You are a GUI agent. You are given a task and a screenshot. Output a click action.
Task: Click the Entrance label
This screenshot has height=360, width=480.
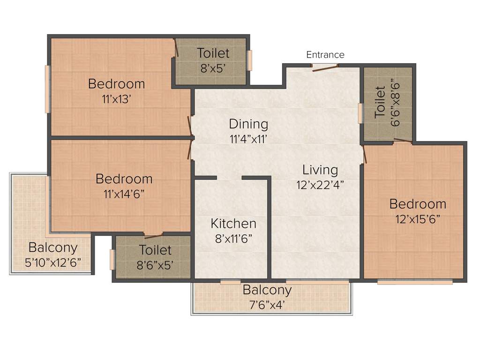pyautogui.click(x=325, y=55)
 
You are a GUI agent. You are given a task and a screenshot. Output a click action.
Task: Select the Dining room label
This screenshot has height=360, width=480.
pyautogui.click(x=248, y=124)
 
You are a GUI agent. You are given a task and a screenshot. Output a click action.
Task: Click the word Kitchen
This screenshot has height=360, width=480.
pyautogui.click(x=233, y=224)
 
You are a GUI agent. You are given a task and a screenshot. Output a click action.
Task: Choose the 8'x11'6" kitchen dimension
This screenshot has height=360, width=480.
pyautogui.click(x=233, y=238)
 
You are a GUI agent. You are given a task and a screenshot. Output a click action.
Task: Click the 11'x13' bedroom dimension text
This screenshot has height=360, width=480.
pyautogui.click(x=116, y=99)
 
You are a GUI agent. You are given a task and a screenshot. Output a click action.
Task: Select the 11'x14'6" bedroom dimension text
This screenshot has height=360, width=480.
pyautogui.click(x=124, y=194)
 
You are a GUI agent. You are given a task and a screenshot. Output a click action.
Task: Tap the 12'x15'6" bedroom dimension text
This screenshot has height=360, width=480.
pyautogui.click(x=418, y=219)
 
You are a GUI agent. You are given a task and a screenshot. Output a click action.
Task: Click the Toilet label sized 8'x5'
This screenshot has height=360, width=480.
pyautogui.click(x=213, y=53)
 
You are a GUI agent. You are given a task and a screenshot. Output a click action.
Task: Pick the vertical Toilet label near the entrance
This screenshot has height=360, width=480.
pyautogui.click(x=380, y=101)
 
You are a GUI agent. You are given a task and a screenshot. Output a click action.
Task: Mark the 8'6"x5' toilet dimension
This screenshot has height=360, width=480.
pyautogui.click(x=155, y=265)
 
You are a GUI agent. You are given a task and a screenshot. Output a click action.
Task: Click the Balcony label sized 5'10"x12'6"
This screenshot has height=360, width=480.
pyautogui.click(x=53, y=247)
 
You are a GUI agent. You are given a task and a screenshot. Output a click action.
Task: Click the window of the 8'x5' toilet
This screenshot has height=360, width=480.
pyautogui.click(x=250, y=60)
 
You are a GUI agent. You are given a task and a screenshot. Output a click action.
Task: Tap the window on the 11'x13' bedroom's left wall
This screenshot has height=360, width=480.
pyautogui.click(x=47, y=89)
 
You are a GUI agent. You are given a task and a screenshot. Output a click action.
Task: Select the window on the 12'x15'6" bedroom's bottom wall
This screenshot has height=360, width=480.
pyautogui.click(x=415, y=282)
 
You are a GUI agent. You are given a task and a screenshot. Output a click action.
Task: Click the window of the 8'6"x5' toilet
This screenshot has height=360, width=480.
pyautogui.click(x=112, y=260)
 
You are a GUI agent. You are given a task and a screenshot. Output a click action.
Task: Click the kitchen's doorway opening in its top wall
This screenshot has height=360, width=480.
pyautogui.click(x=229, y=178)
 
